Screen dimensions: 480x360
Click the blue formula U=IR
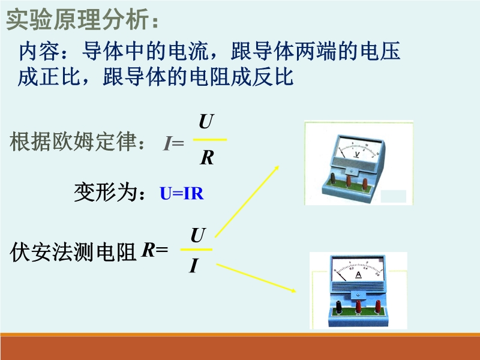[182, 193]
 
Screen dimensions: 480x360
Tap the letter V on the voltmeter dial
[356, 154]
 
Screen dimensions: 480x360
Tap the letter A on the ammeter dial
[358, 275]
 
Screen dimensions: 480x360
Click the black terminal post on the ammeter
[339, 307]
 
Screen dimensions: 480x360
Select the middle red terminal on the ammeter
[358, 307]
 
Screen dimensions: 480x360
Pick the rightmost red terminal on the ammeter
[378, 306]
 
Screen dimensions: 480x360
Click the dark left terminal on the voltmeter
[333, 179]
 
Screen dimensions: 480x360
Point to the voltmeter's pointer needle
[342, 153]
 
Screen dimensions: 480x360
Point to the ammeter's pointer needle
[340, 275]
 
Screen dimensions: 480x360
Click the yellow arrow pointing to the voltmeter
[247, 202]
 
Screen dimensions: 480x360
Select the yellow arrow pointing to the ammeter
[256, 278]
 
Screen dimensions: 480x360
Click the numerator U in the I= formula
[205, 122]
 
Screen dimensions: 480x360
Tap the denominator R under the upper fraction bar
[207, 158]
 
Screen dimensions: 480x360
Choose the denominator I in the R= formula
[194, 265]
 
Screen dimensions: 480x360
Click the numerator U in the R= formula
[198, 235]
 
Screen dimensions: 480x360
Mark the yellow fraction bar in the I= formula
[210, 140]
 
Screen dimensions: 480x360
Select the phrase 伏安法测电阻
[73, 252]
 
